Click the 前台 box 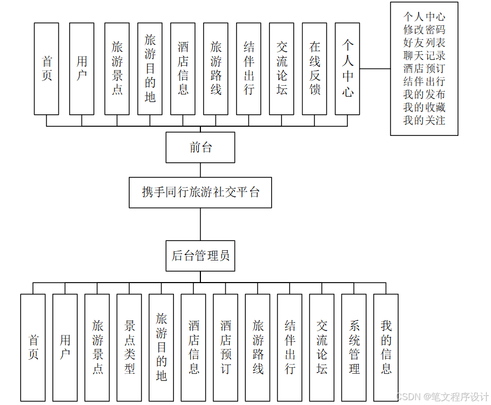200,147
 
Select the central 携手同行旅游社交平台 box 200,192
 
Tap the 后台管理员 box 200,256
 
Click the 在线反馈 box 314,68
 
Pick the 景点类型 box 129,347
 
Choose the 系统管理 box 354,347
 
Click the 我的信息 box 386,347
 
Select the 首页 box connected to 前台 46,68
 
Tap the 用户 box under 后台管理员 65,347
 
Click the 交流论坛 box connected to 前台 281,68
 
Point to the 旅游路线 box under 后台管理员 258,347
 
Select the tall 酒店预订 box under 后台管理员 225,347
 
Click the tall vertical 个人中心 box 347,68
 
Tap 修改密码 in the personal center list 424,30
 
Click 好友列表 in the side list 424,43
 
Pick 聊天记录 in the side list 424,56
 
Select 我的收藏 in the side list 424,107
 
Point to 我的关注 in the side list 424,120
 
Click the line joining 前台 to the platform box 200,169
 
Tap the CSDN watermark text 442,397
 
